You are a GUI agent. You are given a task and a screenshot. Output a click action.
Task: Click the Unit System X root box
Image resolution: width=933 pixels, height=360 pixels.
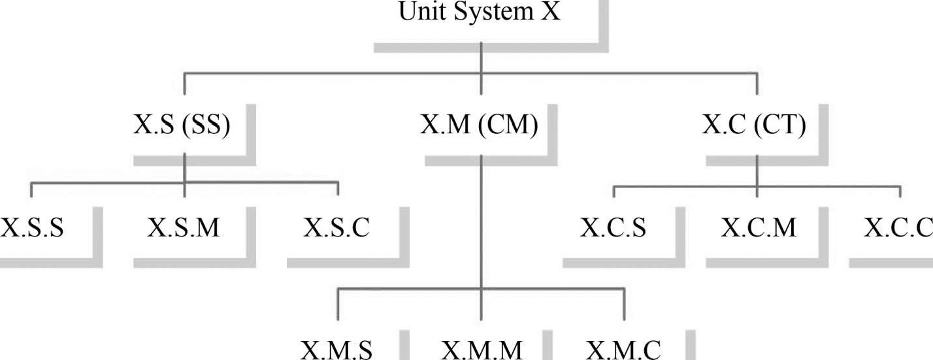pyautogui.click(x=480, y=13)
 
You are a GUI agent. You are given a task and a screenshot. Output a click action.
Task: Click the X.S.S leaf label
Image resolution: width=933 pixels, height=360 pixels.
pyautogui.click(x=32, y=228)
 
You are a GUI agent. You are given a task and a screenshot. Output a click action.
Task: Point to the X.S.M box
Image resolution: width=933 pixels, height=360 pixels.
pyautogui.click(x=184, y=228)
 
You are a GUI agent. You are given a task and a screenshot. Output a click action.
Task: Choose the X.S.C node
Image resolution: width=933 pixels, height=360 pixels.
pyautogui.click(x=336, y=228)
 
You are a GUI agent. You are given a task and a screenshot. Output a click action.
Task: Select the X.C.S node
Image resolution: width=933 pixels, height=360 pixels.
pyautogui.click(x=613, y=228)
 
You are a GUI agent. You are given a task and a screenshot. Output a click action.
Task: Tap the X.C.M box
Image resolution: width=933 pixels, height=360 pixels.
pyautogui.click(x=759, y=228)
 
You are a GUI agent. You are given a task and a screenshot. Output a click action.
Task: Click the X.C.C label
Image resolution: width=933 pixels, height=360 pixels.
pyautogui.click(x=898, y=228)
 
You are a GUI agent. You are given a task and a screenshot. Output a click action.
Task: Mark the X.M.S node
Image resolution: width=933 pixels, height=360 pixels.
pyautogui.click(x=337, y=350)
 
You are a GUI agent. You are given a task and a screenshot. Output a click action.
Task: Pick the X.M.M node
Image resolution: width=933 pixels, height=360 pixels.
pyautogui.click(x=482, y=350)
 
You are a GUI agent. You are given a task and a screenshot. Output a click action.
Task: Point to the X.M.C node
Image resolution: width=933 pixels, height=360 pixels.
pyautogui.click(x=624, y=350)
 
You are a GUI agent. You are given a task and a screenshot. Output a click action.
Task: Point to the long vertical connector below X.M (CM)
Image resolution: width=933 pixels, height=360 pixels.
pyautogui.click(x=481, y=222)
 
